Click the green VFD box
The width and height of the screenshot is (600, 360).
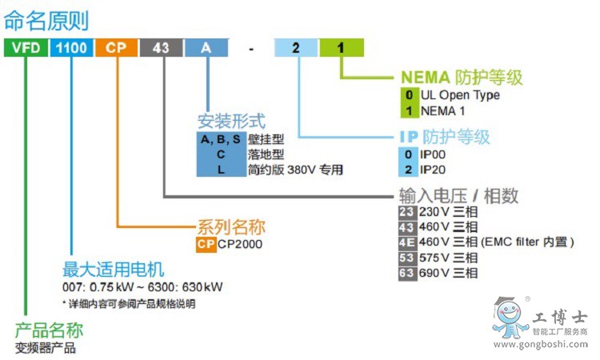click(x=25, y=48)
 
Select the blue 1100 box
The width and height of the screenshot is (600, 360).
click(x=71, y=48)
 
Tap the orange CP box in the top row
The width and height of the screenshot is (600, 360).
click(x=117, y=48)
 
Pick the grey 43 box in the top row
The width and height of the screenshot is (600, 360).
click(x=161, y=48)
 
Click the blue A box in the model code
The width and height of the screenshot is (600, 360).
click(x=206, y=48)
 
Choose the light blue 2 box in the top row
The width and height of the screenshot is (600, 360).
click(x=296, y=48)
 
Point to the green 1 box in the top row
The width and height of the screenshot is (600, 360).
click(x=341, y=48)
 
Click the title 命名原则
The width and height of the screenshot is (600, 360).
click(x=46, y=20)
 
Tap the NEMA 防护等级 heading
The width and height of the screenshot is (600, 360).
click(x=461, y=78)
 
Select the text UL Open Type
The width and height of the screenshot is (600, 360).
click(x=460, y=95)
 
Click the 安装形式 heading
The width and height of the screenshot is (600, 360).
click(x=231, y=122)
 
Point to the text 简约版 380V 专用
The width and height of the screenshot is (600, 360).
click(x=295, y=170)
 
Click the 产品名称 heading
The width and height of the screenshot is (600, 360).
click(x=49, y=330)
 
